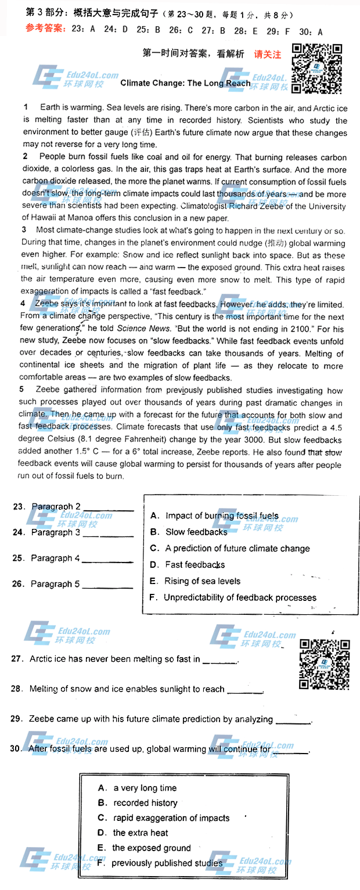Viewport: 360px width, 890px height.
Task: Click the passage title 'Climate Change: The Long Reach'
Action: pyautogui.click(x=185, y=83)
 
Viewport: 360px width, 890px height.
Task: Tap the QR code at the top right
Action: pyautogui.click(x=316, y=69)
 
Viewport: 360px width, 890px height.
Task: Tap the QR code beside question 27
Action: pyautogui.click(x=325, y=662)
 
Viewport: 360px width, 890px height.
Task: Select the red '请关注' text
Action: pyautogui.click(x=268, y=55)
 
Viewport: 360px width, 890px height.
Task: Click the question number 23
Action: pyautogui.click(x=19, y=507)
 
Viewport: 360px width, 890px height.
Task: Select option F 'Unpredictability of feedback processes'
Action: pyautogui.click(x=240, y=597)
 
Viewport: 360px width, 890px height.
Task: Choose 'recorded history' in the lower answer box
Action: pyautogui.click(x=145, y=803)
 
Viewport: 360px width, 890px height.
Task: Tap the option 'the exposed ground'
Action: pyautogui.click(x=151, y=848)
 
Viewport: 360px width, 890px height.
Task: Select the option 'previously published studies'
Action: pyautogui.click(x=167, y=863)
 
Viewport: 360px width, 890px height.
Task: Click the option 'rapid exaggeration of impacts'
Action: pyautogui.click(x=171, y=818)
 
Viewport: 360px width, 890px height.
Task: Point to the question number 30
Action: pyautogui.click(x=16, y=749)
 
